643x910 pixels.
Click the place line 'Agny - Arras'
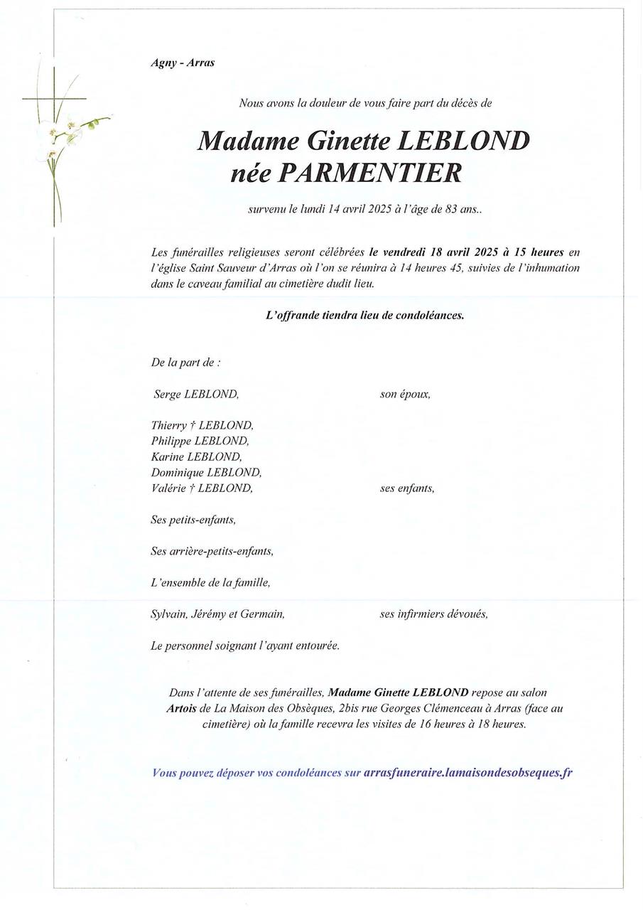pyautogui.click(x=183, y=63)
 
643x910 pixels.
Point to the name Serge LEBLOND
pyautogui.click(x=196, y=394)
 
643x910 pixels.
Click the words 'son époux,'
pyautogui.click(x=405, y=394)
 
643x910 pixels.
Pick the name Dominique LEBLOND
pyautogui.click(x=206, y=472)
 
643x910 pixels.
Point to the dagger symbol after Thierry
pyautogui.click(x=193, y=425)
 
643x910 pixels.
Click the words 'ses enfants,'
pyautogui.click(x=407, y=488)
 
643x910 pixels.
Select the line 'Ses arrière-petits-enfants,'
pyautogui.click(x=212, y=551)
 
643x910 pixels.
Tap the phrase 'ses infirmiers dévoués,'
pyautogui.click(x=433, y=614)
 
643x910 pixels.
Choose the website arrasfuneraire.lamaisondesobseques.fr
pyautogui.click(x=468, y=773)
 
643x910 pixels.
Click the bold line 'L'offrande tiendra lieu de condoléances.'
pyautogui.click(x=364, y=315)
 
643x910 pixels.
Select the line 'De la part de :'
pyautogui.click(x=185, y=363)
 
